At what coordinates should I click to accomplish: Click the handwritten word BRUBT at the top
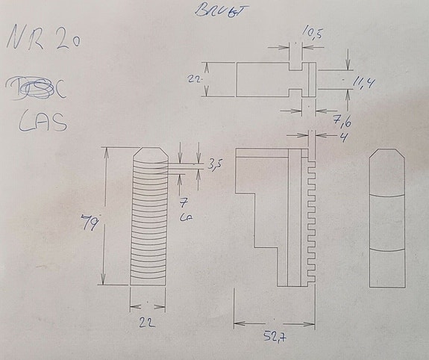click(213, 11)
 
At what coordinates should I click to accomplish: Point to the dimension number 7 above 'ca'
click(183, 202)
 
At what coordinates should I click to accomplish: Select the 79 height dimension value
click(91, 221)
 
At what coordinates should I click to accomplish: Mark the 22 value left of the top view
click(193, 78)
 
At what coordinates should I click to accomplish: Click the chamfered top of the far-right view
click(388, 158)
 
